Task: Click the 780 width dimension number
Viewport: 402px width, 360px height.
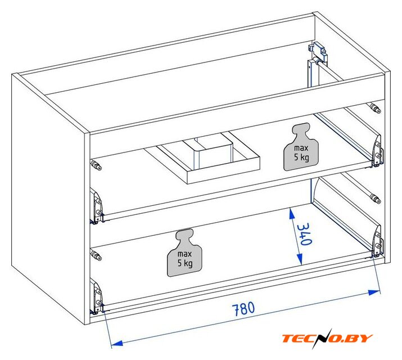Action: [243, 309]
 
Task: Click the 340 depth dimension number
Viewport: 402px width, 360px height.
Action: [305, 235]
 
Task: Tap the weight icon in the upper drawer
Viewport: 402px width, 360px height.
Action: [301, 147]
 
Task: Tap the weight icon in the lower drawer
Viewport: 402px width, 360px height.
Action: [184, 253]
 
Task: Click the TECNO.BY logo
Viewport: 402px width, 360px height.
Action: [327, 338]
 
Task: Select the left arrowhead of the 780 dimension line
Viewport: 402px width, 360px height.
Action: [117, 343]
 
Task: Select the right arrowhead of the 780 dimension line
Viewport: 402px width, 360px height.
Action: [374, 292]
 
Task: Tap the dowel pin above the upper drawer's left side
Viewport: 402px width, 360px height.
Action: [96, 165]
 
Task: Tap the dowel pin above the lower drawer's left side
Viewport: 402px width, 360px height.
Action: [96, 255]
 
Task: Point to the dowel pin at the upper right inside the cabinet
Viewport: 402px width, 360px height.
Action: [375, 108]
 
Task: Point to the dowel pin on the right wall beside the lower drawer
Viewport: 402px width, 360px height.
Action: [375, 199]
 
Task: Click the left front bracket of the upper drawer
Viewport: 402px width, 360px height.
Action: [97, 207]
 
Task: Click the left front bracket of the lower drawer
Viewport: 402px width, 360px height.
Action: [97, 296]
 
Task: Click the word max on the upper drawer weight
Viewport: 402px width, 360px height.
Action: [301, 148]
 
